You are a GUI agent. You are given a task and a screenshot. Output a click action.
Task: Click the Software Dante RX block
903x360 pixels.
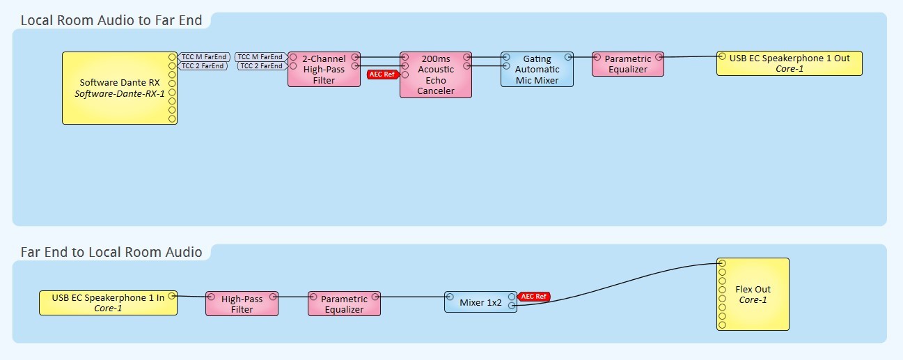click(x=119, y=88)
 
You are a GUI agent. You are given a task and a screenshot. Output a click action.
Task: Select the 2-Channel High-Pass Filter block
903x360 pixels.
click(x=324, y=70)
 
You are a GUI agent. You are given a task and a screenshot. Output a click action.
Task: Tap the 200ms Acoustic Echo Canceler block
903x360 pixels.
click(x=436, y=75)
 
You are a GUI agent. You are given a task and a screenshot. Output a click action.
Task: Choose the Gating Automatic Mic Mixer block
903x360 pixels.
click(x=537, y=70)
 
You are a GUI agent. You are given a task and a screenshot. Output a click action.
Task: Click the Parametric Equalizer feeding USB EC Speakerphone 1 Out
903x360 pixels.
click(x=628, y=64)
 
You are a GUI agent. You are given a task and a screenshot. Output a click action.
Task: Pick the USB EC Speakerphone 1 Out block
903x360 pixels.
click(x=790, y=63)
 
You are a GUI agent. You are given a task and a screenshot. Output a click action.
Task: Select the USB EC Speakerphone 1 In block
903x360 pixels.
click(x=108, y=303)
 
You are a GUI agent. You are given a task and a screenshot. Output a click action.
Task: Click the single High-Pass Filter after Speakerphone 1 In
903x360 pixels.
click(x=242, y=304)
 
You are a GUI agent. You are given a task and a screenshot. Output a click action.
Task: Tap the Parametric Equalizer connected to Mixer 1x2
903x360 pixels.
click(x=344, y=304)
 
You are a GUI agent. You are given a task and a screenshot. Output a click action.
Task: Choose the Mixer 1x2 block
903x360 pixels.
click(x=480, y=302)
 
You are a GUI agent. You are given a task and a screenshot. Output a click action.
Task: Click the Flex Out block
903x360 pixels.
click(x=753, y=294)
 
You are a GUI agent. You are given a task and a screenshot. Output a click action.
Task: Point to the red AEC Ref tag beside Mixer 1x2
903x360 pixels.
click(x=535, y=297)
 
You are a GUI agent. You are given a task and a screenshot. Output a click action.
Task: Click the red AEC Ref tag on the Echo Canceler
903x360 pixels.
click(x=382, y=75)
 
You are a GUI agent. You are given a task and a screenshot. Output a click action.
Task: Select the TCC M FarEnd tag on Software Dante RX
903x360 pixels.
click(x=203, y=56)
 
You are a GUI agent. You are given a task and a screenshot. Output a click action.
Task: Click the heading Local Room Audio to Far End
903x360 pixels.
click(x=111, y=20)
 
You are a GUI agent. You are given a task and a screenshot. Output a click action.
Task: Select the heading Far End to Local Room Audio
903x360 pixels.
click(x=111, y=252)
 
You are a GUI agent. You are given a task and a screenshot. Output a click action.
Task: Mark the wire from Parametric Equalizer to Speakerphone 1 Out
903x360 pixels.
click(x=689, y=57)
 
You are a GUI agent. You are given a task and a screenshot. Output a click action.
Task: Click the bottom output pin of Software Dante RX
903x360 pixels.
click(x=172, y=118)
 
